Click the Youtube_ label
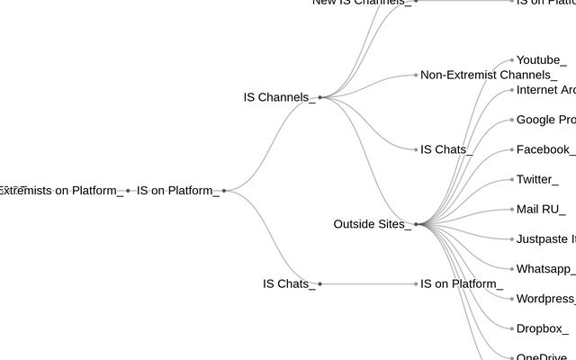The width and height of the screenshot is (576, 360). (541, 60)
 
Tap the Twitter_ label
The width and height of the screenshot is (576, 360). (537, 179)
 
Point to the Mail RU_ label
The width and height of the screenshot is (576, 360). (541, 210)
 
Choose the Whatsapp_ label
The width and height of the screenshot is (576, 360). (545, 269)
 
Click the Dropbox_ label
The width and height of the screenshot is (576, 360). (543, 328)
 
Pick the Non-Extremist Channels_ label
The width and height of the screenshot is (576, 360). (489, 75)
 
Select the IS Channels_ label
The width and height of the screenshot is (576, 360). (279, 97)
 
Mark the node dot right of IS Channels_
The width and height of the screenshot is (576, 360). (319, 97)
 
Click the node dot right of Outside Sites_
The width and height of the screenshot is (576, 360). (416, 224)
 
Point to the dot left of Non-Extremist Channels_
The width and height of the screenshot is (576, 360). (416, 75)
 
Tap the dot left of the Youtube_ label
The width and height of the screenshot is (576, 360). (512, 60)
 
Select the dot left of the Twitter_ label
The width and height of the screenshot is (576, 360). (512, 179)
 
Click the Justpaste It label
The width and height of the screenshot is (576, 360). (545, 239)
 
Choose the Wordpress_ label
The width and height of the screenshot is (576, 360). (545, 299)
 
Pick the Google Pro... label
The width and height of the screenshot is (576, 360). (545, 120)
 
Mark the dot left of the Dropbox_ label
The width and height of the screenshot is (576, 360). (512, 328)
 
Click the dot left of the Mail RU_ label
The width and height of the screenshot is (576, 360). (512, 210)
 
